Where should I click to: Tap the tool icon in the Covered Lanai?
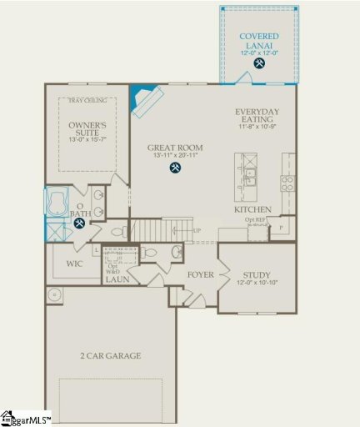point(260,63)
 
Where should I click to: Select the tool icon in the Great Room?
point(176,168)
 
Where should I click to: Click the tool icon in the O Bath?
point(79,223)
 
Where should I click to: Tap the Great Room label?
point(176,148)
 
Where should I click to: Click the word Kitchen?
point(253,210)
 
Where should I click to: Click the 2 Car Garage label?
point(112,355)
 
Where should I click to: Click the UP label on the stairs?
point(197,230)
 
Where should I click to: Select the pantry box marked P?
point(281,228)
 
